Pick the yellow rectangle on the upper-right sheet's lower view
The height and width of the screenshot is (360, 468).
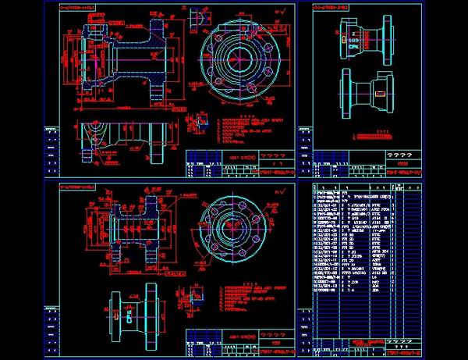[379, 93]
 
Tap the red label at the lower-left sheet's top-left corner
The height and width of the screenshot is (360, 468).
[78, 187]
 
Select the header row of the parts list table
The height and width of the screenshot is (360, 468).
[367, 187]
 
